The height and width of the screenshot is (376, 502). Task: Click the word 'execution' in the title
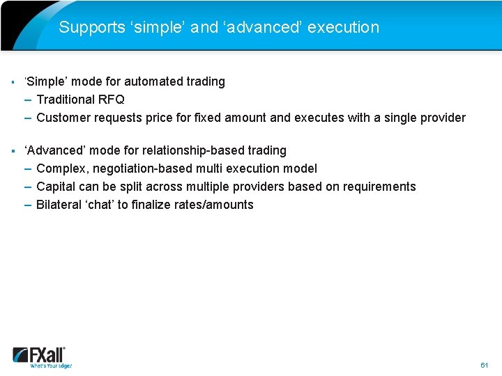pos(343,28)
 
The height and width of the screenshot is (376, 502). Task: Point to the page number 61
pos(485,365)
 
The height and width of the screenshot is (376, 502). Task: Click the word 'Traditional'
pos(66,100)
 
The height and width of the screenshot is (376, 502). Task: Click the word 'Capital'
pos(56,187)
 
